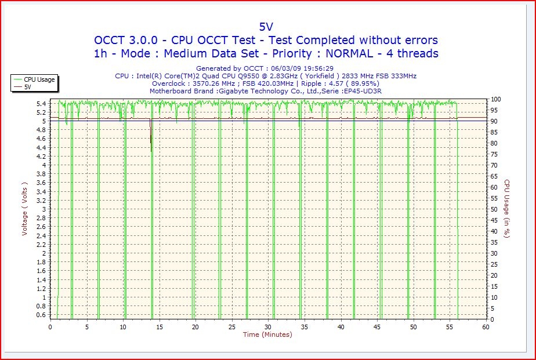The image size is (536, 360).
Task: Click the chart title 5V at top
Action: coord(266,26)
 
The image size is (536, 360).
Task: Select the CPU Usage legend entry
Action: coord(39,79)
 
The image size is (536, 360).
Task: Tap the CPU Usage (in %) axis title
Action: coord(506,209)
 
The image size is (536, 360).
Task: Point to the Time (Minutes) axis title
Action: coord(267,334)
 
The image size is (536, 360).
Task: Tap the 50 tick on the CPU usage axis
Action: coord(494,209)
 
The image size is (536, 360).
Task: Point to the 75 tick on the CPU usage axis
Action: coord(494,154)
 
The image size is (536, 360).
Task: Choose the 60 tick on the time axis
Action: coord(486,327)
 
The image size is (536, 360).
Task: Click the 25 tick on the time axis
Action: coord(232,327)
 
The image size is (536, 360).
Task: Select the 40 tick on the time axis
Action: coord(341,327)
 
